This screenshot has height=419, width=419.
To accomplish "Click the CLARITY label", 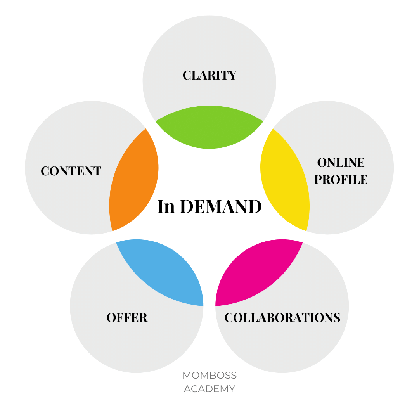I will (209, 75).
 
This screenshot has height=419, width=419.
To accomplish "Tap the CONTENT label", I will (71, 171).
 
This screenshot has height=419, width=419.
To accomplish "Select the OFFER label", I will (127, 318).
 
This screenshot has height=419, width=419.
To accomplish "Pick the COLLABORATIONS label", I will (282, 317).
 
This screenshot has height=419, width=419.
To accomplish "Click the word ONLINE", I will (341, 162).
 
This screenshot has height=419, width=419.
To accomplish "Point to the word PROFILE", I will (341, 179).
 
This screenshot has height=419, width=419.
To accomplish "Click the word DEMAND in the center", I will (221, 207).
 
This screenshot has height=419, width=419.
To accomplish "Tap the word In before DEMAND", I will (166, 207).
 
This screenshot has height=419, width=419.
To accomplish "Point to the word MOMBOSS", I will (209, 376).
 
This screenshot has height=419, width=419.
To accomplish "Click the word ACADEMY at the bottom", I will (209, 389).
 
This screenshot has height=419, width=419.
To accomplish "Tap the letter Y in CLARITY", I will (232, 75).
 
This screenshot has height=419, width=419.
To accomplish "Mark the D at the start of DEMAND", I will (187, 207).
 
